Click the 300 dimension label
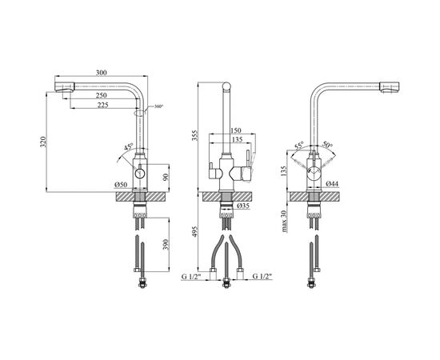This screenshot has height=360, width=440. [x=102, y=73]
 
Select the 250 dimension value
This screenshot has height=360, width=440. [x=102, y=95]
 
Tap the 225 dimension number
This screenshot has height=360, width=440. [x=103, y=106]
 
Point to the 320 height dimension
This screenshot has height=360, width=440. [x=42, y=142]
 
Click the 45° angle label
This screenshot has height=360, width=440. [x=129, y=146]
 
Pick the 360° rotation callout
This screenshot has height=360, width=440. [x=158, y=106]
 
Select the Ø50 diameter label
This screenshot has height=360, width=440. [x=121, y=184]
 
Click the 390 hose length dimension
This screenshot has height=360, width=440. [x=166, y=244]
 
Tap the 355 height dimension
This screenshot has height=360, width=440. [x=195, y=135]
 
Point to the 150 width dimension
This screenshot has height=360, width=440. [x=236, y=130]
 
